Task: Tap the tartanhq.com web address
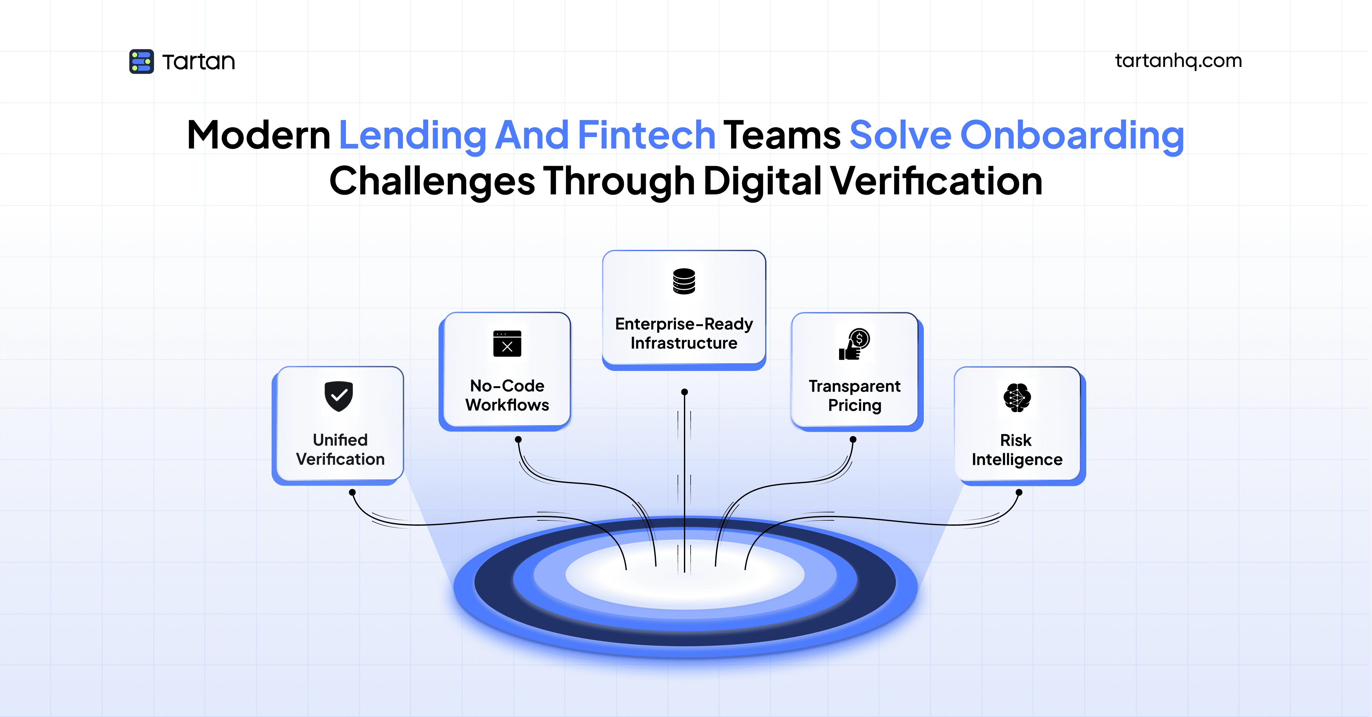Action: coord(1178,61)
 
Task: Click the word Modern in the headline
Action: coord(259,135)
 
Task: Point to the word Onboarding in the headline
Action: coord(1072,135)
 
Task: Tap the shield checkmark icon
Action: coord(339,396)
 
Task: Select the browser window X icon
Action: coord(507,344)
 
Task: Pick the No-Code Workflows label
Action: coord(507,395)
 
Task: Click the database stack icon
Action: coord(684,281)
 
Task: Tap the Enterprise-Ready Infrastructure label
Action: coord(684,333)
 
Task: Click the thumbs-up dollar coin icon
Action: coord(854,344)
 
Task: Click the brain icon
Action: coord(1017,397)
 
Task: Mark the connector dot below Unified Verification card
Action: coord(352,492)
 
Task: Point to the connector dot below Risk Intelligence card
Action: coord(1019,492)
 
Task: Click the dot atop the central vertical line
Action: coord(684,392)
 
